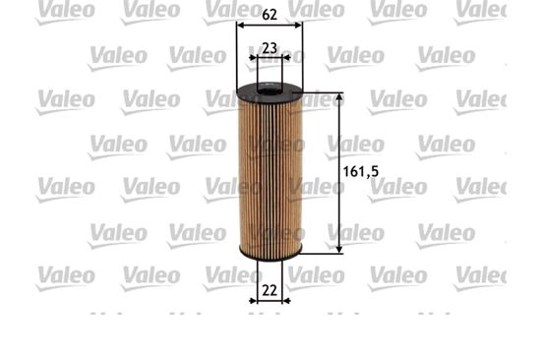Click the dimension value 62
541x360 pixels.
(x=270, y=15)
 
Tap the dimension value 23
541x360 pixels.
(x=270, y=48)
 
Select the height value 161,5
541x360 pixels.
(x=361, y=171)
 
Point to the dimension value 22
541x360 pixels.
(x=270, y=290)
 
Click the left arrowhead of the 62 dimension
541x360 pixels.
(x=240, y=26)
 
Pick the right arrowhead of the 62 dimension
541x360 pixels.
(x=298, y=26)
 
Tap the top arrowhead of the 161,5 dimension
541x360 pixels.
(x=339, y=97)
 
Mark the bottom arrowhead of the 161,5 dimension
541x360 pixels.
(x=339, y=249)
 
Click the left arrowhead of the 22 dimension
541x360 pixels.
(x=253, y=301)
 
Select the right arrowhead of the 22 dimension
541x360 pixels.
(x=286, y=301)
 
